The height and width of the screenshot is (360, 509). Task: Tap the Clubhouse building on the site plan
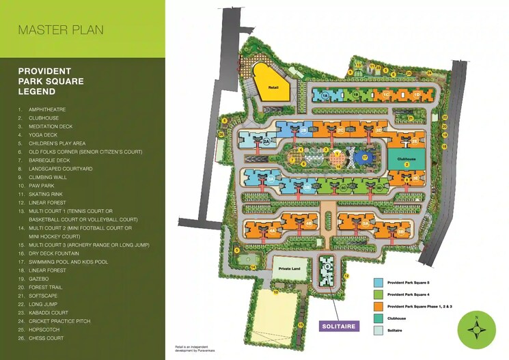(406, 158)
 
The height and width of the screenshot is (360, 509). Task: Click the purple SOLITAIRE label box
(339, 327)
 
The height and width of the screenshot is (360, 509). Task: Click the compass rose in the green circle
(476, 329)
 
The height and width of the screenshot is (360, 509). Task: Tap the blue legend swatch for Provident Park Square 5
(378, 282)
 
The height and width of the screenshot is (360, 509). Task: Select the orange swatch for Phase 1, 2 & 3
(378, 307)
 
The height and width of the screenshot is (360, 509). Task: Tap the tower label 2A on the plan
(267, 141)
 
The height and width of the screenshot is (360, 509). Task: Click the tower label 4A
(272, 232)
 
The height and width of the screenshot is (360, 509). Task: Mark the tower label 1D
(416, 95)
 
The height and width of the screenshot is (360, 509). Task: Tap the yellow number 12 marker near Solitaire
(346, 276)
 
